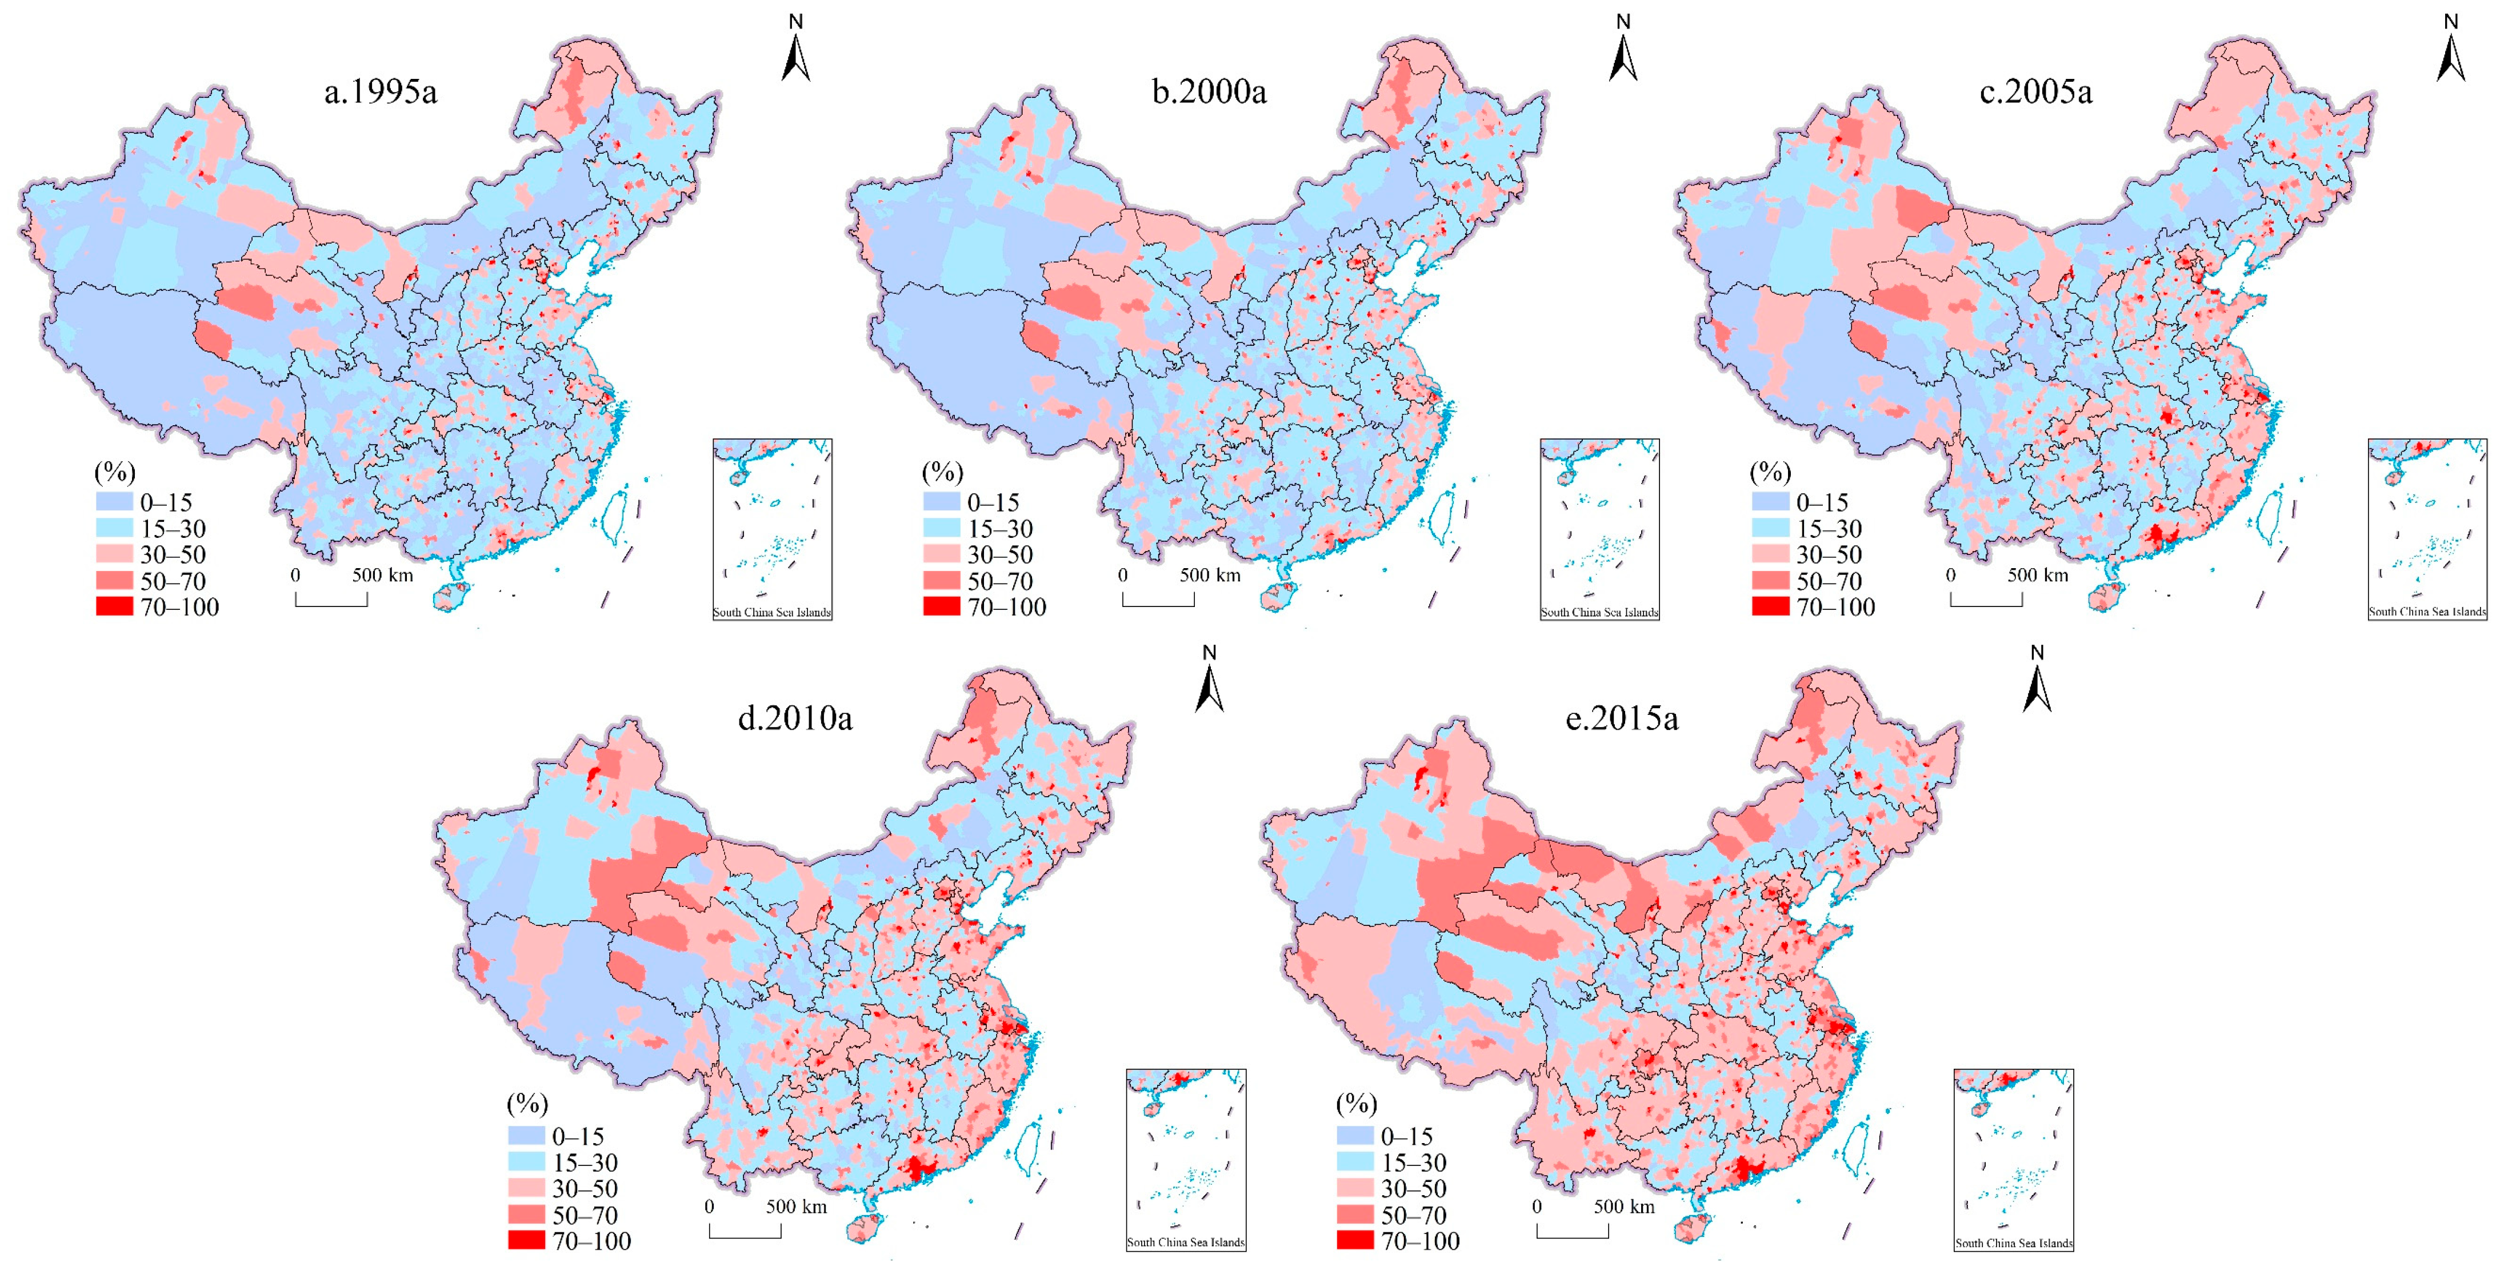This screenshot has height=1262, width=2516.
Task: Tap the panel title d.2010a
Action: click(794, 719)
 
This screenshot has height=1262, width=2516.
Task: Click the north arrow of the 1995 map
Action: click(796, 54)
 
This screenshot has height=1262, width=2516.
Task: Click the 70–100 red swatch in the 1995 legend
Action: click(114, 606)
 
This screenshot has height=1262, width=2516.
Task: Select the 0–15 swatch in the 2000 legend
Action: click(942, 502)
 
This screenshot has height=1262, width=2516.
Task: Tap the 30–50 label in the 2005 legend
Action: click(1829, 555)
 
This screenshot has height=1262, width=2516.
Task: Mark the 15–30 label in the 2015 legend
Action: click(1413, 1163)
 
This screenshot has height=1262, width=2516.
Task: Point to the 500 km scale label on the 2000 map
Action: click(1209, 576)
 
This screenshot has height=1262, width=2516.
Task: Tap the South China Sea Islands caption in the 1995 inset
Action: click(771, 613)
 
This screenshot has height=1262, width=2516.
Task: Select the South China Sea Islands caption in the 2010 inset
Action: click(1186, 1243)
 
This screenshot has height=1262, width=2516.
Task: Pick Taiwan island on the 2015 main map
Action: click(1854, 1145)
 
